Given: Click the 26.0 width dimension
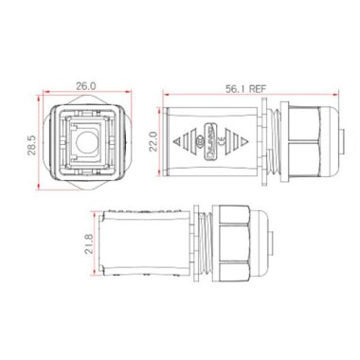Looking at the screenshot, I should point(86,84).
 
